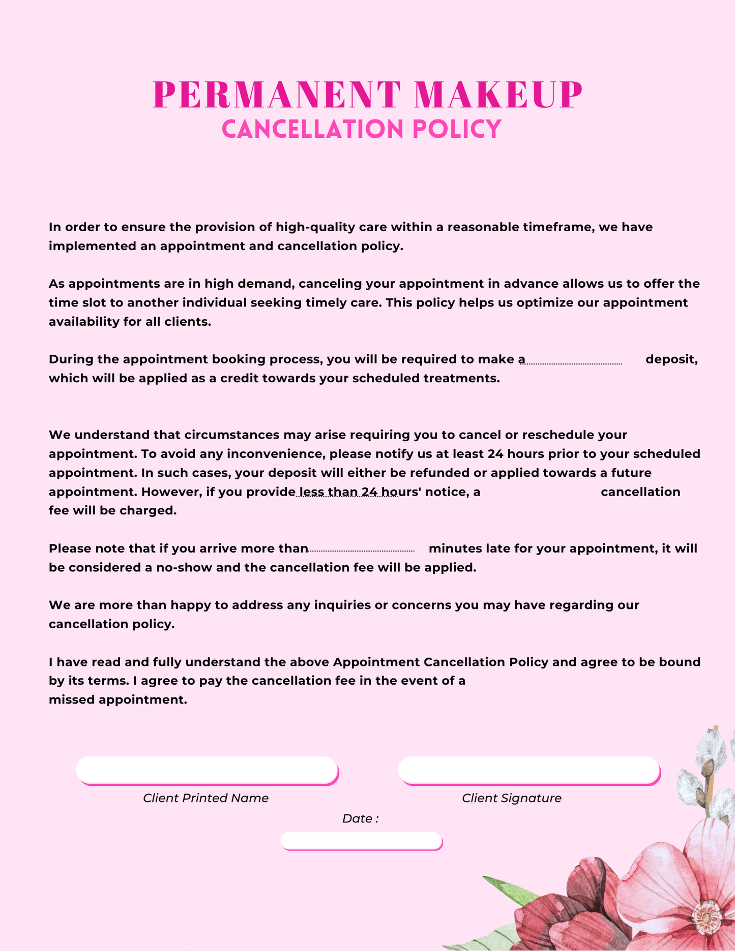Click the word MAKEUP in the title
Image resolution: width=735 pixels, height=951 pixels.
tap(498, 95)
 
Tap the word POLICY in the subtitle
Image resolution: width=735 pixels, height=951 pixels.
tap(457, 129)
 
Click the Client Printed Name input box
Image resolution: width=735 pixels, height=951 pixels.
tap(207, 770)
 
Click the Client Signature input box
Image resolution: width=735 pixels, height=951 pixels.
tap(528, 770)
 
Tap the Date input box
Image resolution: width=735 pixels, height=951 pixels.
tap(361, 840)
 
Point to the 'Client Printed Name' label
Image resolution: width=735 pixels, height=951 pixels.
tap(205, 798)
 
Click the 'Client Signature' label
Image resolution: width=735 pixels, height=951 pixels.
tap(512, 798)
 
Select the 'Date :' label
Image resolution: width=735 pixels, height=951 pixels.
tap(360, 818)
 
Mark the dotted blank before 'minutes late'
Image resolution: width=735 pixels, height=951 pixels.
tap(362, 550)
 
